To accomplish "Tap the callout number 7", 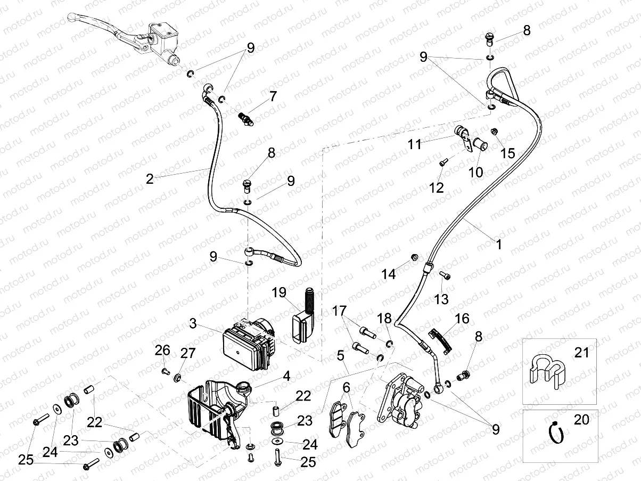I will pyautogui.click(x=273, y=96).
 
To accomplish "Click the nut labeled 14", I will pyautogui.click(x=413, y=258).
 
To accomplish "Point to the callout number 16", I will pyautogui.click(x=462, y=319).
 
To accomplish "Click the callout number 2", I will pyautogui.click(x=150, y=178).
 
